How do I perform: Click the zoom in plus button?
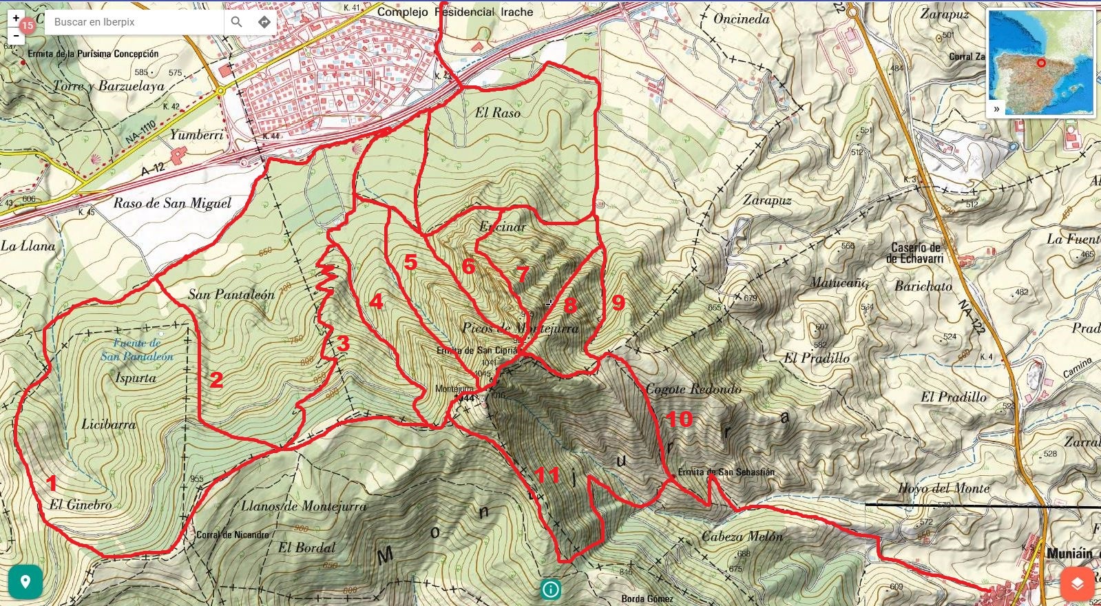click(16, 19)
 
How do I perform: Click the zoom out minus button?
click(16, 35)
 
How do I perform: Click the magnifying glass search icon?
click(236, 22)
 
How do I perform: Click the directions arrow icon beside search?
click(264, 22)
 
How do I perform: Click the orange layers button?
click(1077, 583)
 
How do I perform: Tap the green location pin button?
click(25, 583)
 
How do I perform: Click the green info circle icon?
click(550, 589)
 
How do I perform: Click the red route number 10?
click(679, 419)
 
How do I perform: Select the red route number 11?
click(547, 474)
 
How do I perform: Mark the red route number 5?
click(410, 262)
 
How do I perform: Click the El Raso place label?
click(498, 113)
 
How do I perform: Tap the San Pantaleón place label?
click(231, 295)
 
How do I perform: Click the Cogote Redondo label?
click(693, 389)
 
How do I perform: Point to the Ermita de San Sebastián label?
click(726, 472)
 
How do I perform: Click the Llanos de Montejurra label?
click(304, 506)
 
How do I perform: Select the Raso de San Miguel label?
click(172, 203)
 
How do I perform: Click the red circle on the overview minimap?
click(1041, 63)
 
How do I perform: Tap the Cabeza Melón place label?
click(742, 536)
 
